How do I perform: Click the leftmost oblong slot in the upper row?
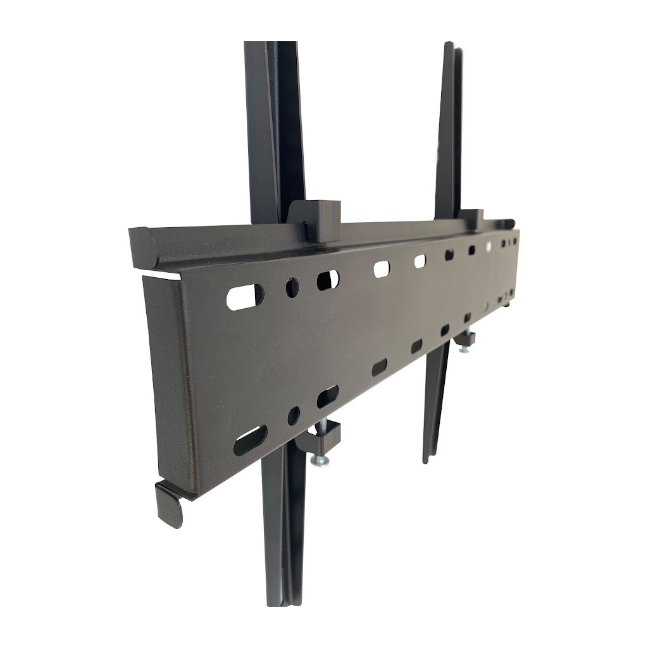244,297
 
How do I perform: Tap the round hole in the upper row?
292,288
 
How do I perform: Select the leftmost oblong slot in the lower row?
250,440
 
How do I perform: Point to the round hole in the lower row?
294,416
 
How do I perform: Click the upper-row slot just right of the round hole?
327,280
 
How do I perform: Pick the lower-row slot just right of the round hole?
327,397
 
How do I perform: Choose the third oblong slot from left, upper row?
382,269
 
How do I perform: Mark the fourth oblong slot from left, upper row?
420,261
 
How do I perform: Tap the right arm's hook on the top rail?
471,218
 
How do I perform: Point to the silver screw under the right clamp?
464,348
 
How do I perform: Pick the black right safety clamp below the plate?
465,339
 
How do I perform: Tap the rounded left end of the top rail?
144,247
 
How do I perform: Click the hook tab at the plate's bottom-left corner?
169,502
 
